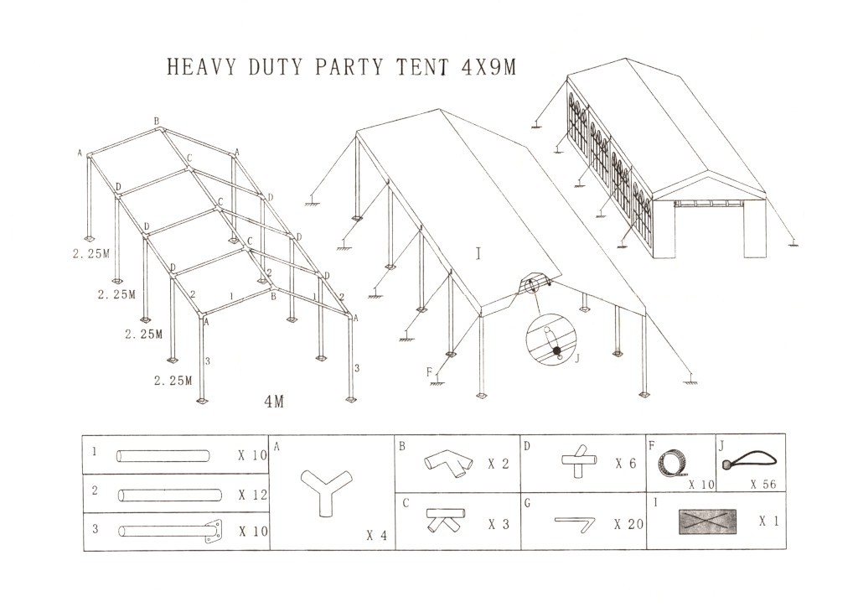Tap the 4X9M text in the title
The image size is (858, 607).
click(488, 68)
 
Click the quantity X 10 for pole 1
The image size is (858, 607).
click(252, 457)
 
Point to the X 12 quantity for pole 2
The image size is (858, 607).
click(252, 495)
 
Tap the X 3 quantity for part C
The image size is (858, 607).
click(500, 524)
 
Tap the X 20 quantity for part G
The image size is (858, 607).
click(628, 525)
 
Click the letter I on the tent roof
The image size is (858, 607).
click(478, 251)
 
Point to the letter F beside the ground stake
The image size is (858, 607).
click(429, 371)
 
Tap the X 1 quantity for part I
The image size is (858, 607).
click(768, 521)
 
